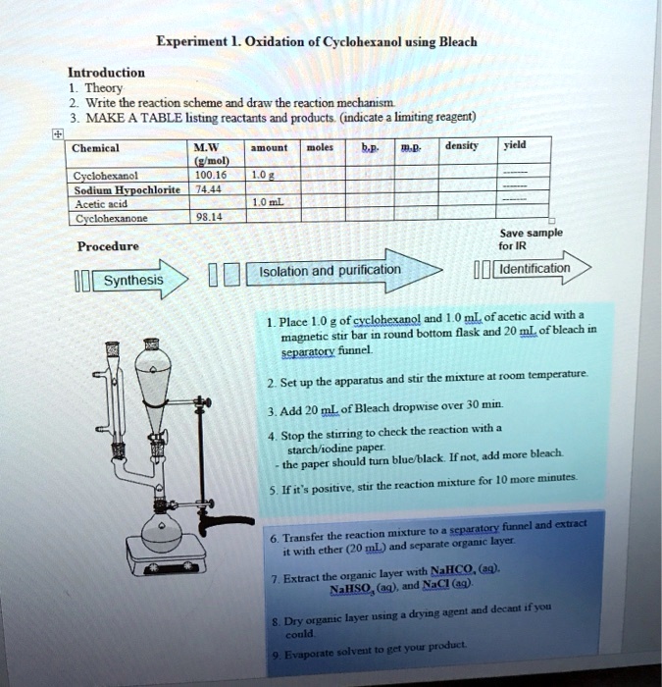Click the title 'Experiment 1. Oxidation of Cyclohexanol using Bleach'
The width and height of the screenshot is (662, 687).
[x=317, y=42]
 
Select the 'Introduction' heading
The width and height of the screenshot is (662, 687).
[x=106, y=72]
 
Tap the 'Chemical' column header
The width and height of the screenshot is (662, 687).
[x=96, y=147]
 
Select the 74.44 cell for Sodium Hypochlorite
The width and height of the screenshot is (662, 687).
[x=206, y=188]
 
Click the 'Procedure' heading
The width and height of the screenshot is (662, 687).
[x=109, y=245]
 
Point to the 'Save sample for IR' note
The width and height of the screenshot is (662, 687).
[x=544, y=238]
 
